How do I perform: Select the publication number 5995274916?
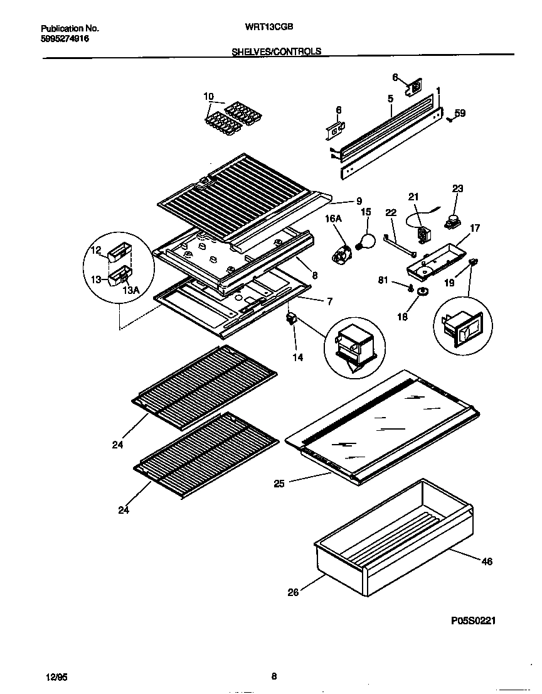65,39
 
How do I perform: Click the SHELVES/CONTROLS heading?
276,52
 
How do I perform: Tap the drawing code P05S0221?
474,621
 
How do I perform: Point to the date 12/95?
56,677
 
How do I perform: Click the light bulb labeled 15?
366,239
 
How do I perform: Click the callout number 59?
460,114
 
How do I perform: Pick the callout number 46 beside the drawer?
487,561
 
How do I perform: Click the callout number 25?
280,484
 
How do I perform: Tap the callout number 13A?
130,290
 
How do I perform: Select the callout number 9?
359,201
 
